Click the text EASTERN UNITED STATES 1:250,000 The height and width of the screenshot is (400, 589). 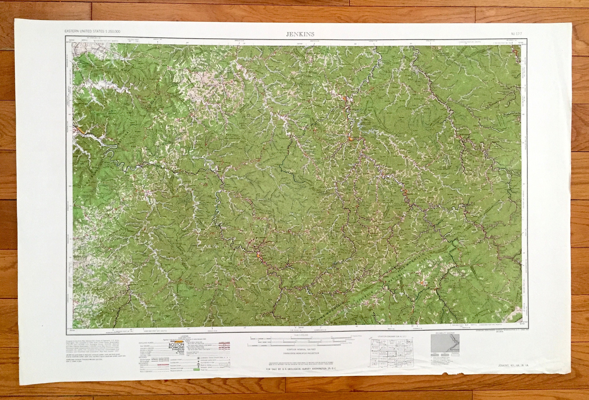(92, 31)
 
